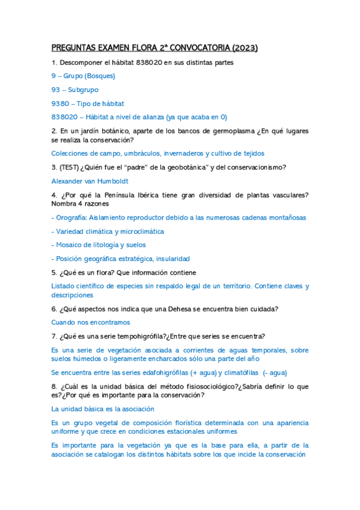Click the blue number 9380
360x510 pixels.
[61, 103]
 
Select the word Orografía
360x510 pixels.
[74, 218]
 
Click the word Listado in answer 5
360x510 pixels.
[63, 286]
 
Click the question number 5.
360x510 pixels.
[54, 272]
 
